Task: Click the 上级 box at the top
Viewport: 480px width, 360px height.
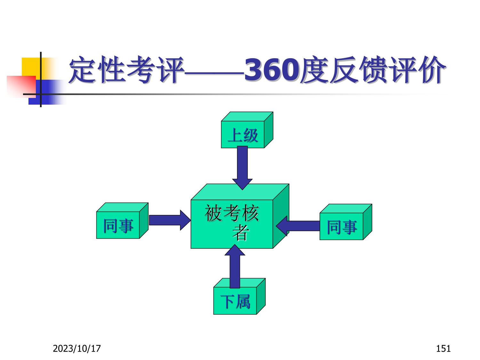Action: point(243,135)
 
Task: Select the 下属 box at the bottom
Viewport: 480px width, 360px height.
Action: point(235,301)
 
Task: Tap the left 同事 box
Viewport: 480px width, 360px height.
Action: point(118,225)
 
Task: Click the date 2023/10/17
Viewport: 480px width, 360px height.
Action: point(77,348)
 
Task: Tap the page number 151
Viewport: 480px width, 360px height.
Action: point(444,348)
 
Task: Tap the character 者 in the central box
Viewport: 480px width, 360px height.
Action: point(240,233)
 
